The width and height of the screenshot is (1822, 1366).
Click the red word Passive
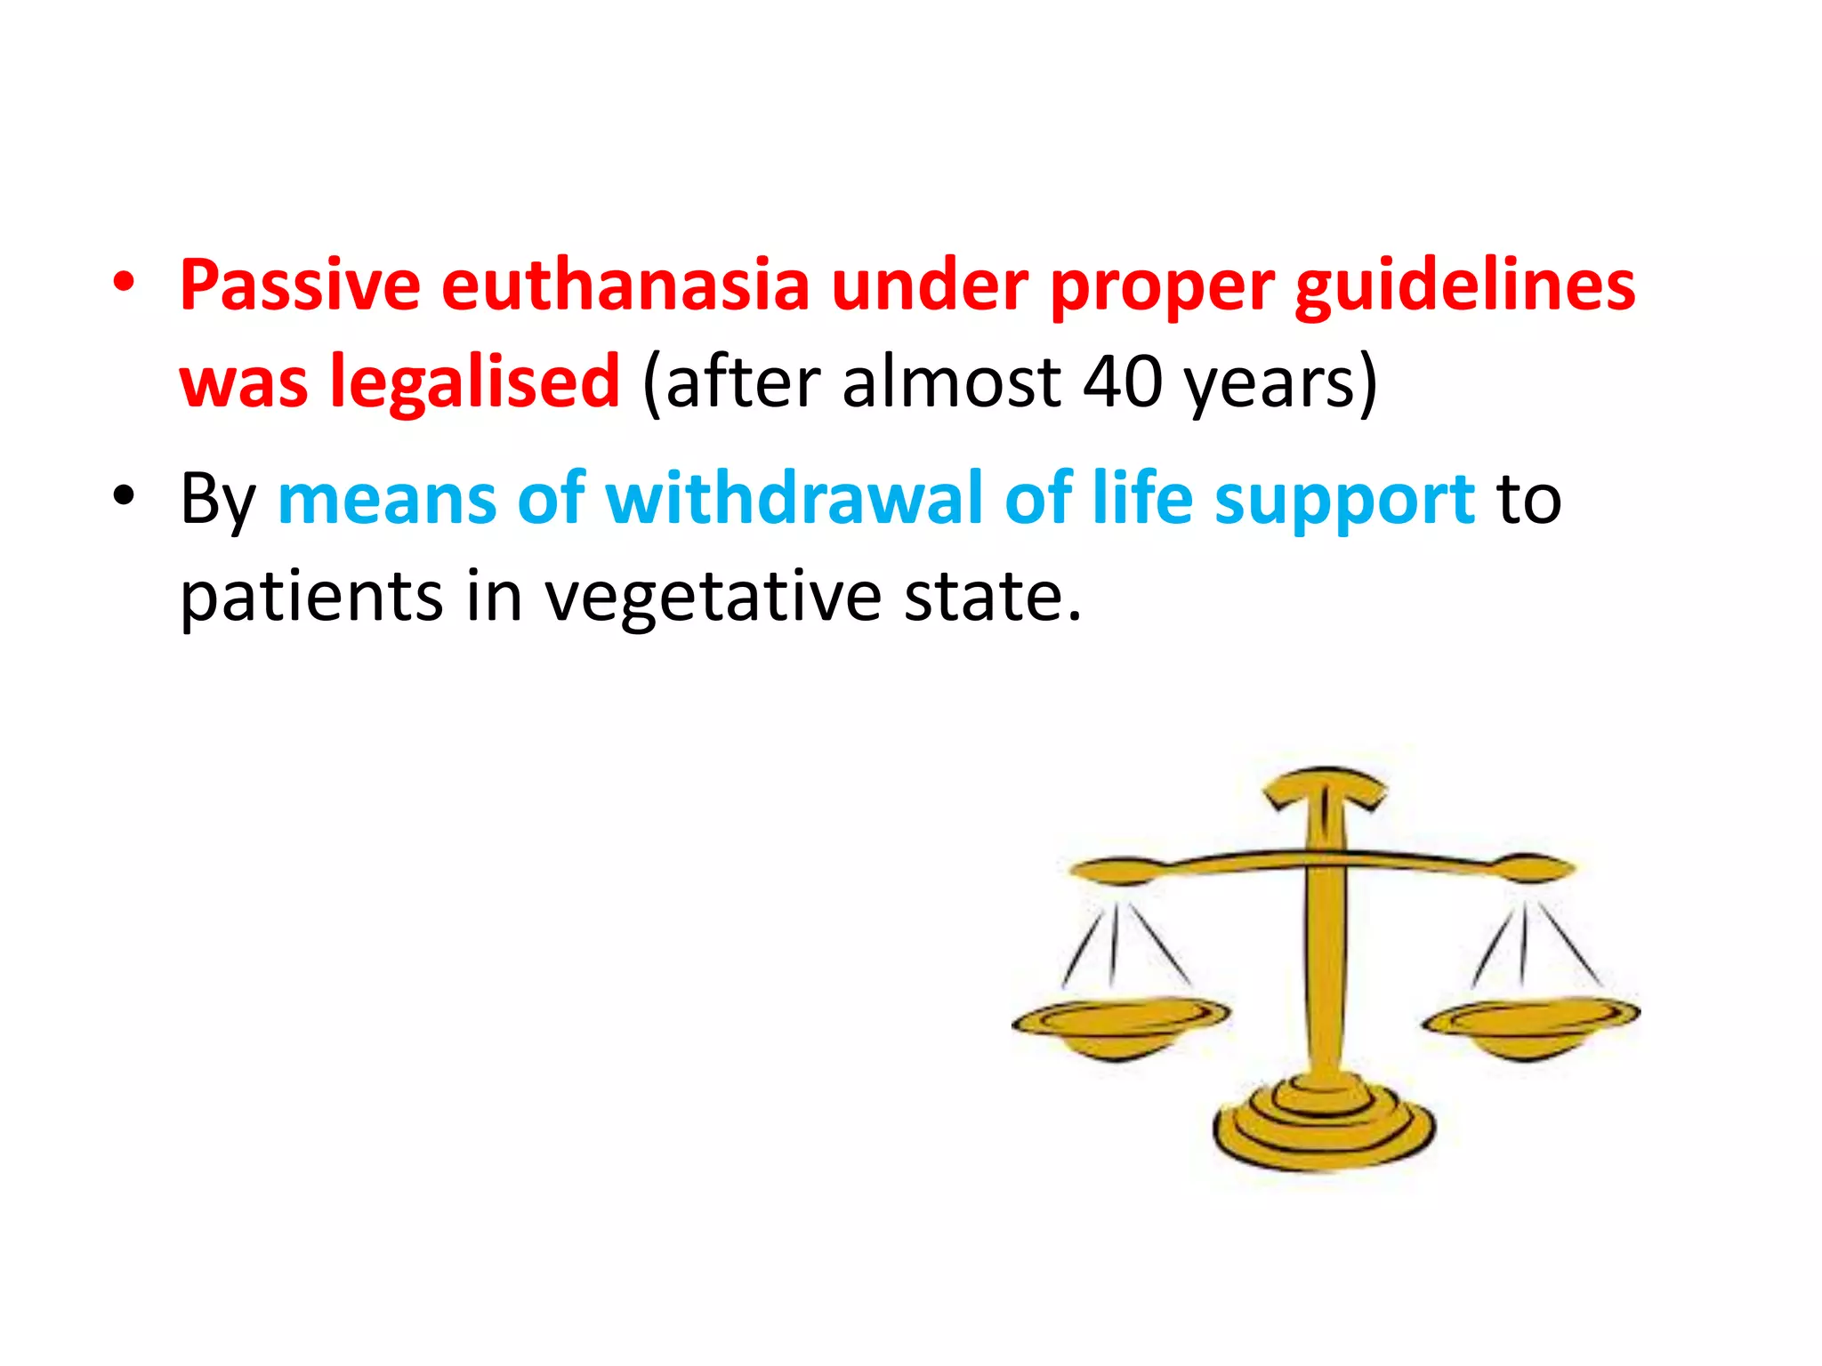[x=300, y=285]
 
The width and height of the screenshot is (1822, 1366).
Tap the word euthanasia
[x=625, y=285]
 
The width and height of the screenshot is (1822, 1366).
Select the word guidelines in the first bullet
[x=1464, y=285]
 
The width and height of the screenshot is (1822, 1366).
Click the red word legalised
[x=474, y=382]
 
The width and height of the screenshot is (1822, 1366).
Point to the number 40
[x=1122, y=382]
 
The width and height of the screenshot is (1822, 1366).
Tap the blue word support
[x=1344, y=500]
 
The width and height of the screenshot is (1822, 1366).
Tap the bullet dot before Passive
[x=124, y=282]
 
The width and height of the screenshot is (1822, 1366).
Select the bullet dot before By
[x=124, y=494]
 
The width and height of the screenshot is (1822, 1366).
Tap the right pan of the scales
[x=1530, y=1023]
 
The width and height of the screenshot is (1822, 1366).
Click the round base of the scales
[x=1324, y=1125]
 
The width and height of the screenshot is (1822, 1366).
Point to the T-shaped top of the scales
[x=1325, y=788]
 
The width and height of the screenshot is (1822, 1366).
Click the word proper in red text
[x=1161, y=287]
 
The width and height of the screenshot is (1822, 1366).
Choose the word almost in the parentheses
[x=951, y=382]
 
